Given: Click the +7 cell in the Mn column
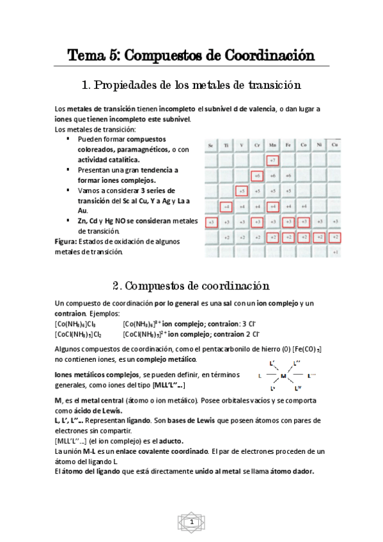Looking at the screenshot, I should click(273, 160).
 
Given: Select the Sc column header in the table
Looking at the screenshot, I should click(211, 146).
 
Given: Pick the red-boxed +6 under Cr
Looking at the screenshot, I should click(258, 175).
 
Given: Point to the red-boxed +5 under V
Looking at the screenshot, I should click(242, 190).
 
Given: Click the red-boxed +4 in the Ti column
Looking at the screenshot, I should click(226, 206).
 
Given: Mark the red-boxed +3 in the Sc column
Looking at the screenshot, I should click(211, 222).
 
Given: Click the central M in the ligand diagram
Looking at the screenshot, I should click(283, 376).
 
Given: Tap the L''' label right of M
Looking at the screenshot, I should click(311, 375).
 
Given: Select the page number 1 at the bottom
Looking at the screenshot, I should click(191, 523).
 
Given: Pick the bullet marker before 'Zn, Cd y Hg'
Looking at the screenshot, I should click(68, 221).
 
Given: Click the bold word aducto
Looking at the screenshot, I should click(169, 441).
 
